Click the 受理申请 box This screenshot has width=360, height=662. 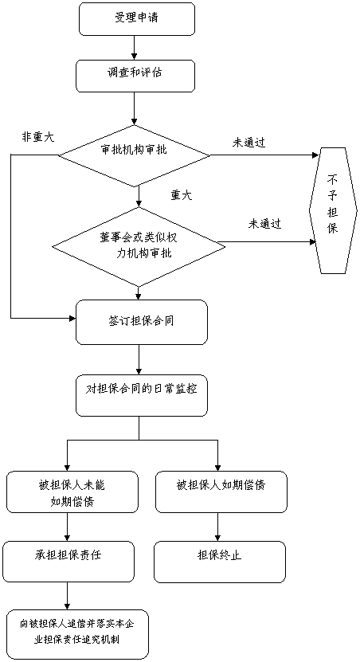(136, 19)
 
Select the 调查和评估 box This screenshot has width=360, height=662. (135, 75)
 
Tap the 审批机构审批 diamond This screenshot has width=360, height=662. (134, 156)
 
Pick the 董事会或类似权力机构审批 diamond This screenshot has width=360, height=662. (135, 246)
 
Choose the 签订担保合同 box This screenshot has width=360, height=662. (142, 322)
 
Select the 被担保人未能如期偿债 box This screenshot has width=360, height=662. (72, 492)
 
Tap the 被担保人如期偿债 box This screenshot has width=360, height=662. (221, 492)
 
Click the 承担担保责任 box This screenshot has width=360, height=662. (68, 562)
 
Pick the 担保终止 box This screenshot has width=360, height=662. (220, 562)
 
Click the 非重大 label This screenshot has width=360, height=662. (38, 137)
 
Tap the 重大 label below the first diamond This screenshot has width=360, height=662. (182, 195)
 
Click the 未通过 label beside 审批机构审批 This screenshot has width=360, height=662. (248, 143)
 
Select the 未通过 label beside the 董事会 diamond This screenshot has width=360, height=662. (265, 224)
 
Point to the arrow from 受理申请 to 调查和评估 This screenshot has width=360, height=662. (135, 48)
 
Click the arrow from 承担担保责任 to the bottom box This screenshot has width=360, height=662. (68, 596)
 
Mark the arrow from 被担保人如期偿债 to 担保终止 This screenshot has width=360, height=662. (217, 527)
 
